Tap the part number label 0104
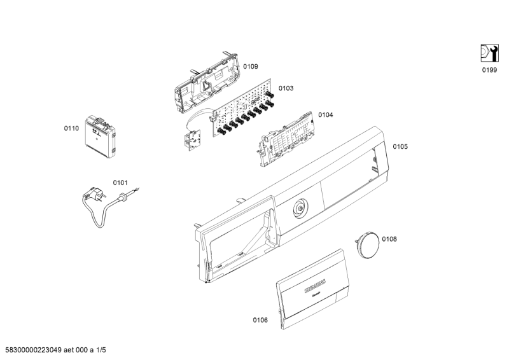coord(325,115)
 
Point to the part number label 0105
coord(400,146)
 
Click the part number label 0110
coord(71,128)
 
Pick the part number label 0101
coord(120,183)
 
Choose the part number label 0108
coord(389,239)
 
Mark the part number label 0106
coord(260,320)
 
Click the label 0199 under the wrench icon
coord(489,70)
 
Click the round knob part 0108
coord(367,244)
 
